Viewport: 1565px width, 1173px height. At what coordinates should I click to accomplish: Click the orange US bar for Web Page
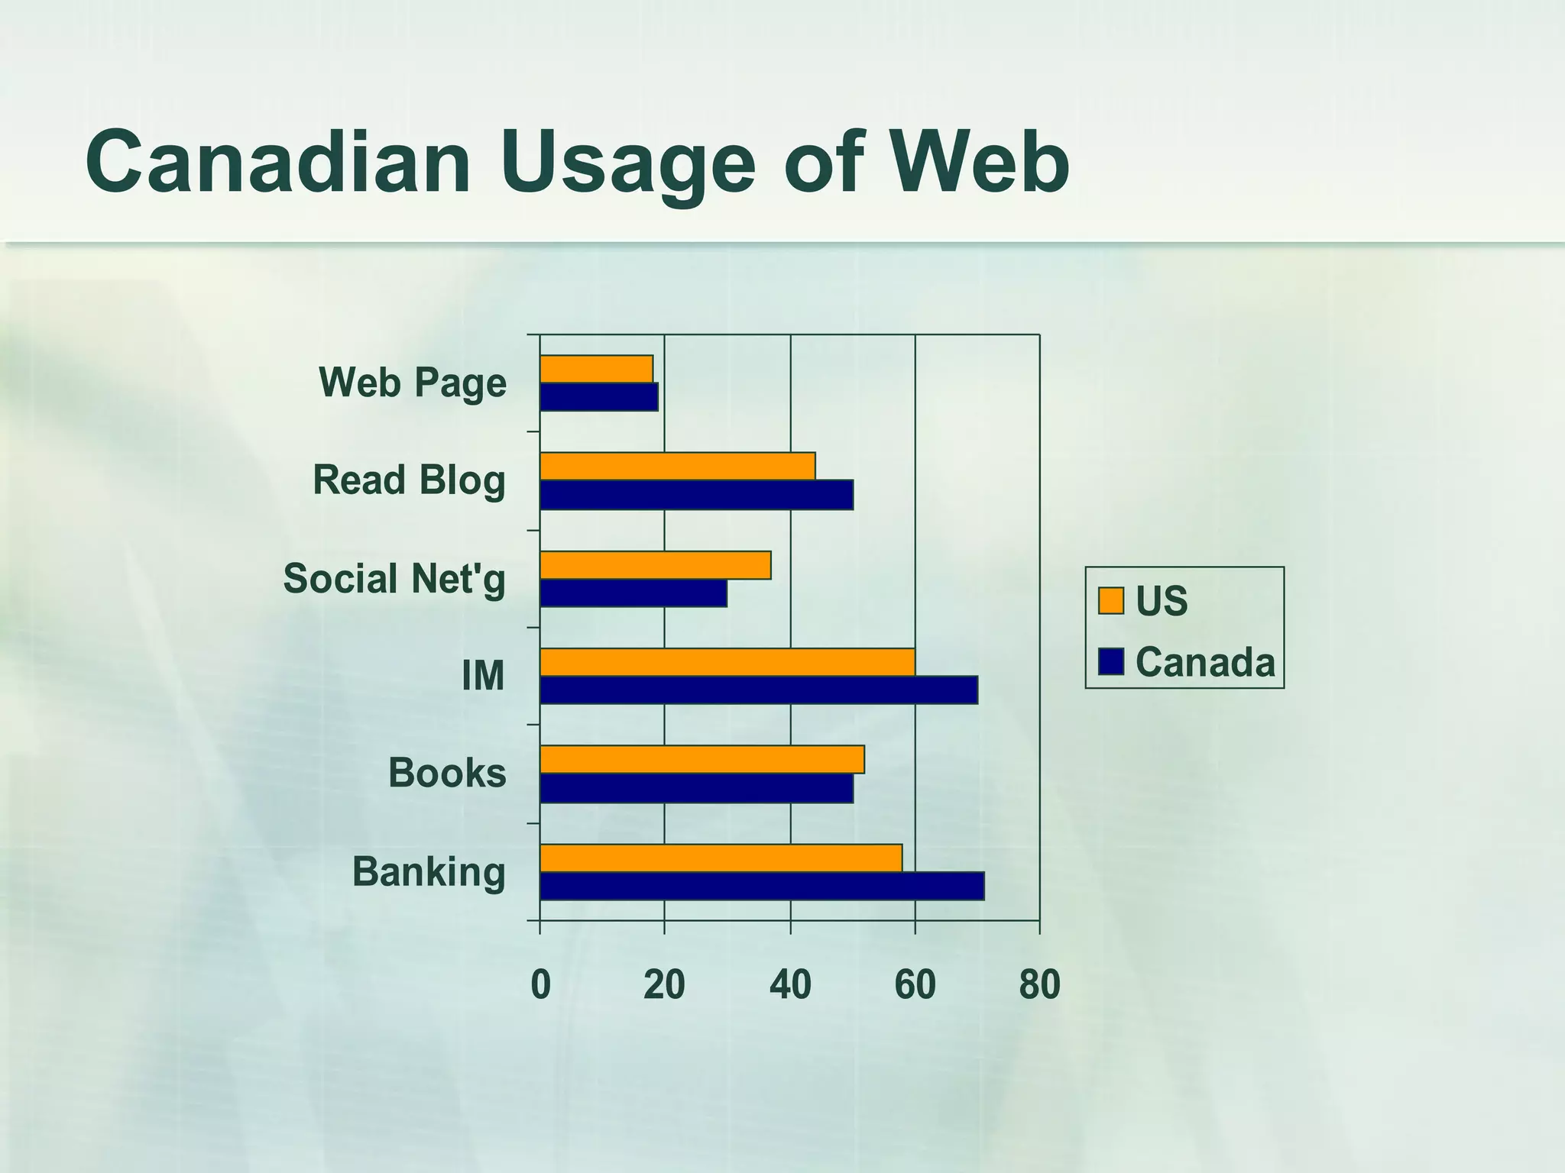click(x=596, y=369)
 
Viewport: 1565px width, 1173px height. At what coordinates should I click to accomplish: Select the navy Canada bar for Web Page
click(x=598, y=397)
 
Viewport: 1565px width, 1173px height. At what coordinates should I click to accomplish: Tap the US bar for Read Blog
click(x=677, y=466)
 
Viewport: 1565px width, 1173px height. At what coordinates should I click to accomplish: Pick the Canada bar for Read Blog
click(x=696, y=495)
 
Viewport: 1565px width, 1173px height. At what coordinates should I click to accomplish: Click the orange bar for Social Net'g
click(x=655, y=565)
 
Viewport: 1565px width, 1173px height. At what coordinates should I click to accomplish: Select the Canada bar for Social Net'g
click(x=633, y=593)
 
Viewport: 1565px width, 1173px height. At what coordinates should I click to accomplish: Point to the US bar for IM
click(x=727, y=662)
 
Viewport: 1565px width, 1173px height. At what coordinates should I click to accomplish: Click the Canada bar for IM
click(x=758, y=690)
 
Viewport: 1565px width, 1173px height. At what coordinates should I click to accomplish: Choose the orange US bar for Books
click(x=701, y=760)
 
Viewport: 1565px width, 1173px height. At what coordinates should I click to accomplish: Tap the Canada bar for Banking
click(x=761, y=887)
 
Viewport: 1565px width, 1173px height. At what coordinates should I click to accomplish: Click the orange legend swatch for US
click(x=1110, y=601)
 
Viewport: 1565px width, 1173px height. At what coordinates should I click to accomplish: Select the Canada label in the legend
click(x=1205, y=662)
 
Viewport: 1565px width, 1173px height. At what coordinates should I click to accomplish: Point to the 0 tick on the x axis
click(x=540, y=985)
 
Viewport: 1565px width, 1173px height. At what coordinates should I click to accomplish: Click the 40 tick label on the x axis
click(x=790, y=985)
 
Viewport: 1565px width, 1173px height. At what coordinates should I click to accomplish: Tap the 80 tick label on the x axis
click(x=1039, y=985)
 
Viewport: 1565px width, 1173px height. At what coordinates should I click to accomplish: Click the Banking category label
click(x=429, y=872)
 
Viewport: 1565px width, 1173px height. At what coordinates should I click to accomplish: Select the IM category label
click(x=483, y=676)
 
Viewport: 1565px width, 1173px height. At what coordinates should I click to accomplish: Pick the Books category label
click(x=447, y=773)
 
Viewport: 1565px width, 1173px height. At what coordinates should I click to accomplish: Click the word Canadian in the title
click(x=278, y=163)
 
